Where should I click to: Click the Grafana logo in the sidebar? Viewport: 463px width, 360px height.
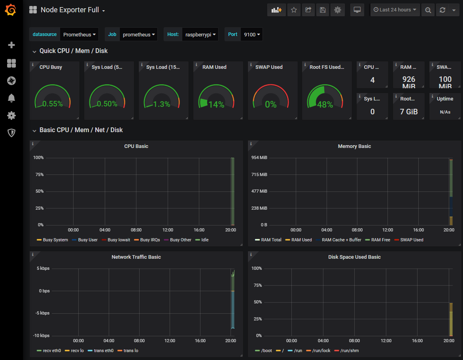click(11, 10)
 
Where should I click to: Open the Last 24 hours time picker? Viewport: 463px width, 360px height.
click(395, 10)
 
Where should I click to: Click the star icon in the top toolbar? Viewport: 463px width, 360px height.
click(294, 10)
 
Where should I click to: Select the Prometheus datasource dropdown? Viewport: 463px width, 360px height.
click(79, 34)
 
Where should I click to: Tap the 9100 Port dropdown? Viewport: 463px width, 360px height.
click(252, 34)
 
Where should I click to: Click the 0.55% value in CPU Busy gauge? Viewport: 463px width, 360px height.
click(53, 104)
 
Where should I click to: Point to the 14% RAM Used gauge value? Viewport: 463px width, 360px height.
click(216, 104)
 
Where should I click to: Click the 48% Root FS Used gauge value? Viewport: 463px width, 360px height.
click(325, 104)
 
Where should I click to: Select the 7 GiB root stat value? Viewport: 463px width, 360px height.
click(409, 112)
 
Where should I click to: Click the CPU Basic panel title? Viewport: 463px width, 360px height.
click(136, 146)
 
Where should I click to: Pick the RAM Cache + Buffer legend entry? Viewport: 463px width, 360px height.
click(341, 240)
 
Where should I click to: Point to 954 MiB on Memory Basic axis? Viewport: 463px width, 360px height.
click(259, 158)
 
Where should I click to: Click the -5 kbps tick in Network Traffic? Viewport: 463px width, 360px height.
click(41, 313)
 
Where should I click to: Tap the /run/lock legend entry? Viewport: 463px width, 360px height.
click(321, 351)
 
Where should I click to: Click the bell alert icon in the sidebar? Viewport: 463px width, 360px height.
click(11, 98)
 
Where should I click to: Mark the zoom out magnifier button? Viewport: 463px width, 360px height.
click(428, 10)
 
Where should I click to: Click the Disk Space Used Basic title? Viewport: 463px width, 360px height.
click(354, 257)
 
